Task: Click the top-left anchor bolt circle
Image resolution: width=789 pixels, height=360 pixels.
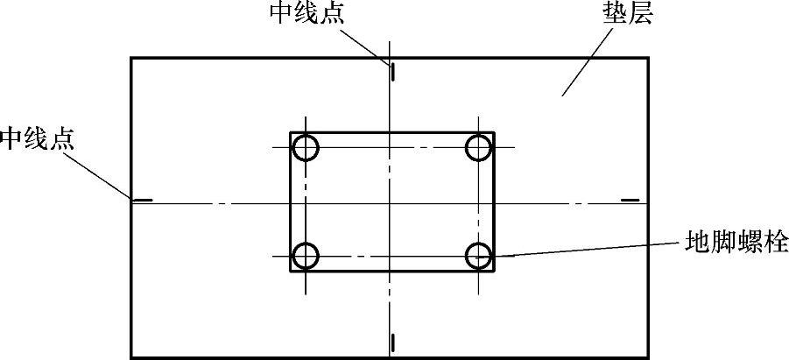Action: click(x=305, y=148)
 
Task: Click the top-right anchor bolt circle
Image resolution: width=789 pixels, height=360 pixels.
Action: click(x=478, y=148)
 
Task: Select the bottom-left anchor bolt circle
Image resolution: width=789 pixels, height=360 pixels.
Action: click(x=305, y=257)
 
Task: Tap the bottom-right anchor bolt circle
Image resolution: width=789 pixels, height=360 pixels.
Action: click(x=478, y=257)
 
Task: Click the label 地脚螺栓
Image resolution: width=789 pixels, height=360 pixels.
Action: click(x=736, y=240)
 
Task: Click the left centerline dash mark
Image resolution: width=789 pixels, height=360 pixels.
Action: click(x=143, y=201)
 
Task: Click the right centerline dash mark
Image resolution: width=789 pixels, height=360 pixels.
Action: click(x=630, y=201)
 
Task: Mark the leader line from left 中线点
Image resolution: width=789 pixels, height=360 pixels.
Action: click(x=100, y=175)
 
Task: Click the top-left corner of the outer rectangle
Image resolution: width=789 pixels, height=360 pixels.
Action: click(x=131, y=58)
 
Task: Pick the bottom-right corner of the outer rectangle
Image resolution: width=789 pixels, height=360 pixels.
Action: click(x=649, y=357)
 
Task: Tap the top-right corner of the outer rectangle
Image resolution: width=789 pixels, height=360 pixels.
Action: click(x=649, y=58)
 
